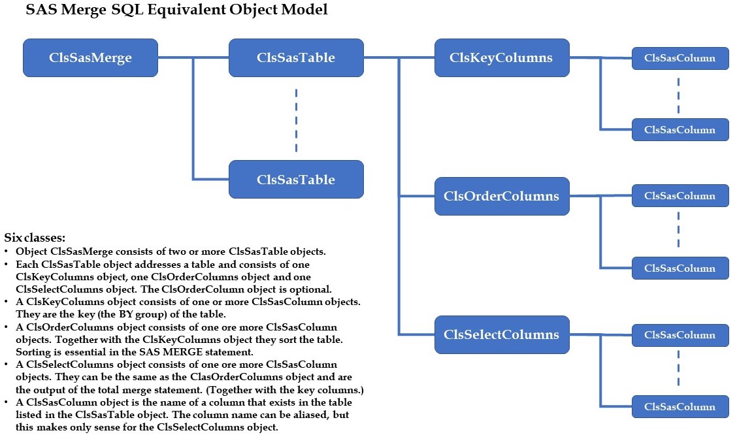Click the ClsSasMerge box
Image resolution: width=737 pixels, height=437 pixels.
point(90,57)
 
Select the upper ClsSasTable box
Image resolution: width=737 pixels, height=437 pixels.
point(295,57)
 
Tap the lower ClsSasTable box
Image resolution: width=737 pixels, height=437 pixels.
point(295,180)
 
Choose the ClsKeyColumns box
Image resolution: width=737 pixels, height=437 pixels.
point(501,57)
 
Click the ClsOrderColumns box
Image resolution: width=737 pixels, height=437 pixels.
point(501,196)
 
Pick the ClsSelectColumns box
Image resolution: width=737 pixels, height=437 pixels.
point(501,334)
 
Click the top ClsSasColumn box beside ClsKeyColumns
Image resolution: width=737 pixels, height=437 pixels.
point(680,57)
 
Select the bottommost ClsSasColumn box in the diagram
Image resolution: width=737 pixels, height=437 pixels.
point(680,407)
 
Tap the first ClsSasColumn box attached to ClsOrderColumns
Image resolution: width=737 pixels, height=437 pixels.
point(680,195)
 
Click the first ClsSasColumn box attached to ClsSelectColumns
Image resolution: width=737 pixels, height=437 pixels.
point(680,334)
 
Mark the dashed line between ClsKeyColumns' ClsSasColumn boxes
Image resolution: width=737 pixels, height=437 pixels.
point(678,94)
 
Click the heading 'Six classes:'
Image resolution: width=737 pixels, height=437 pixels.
point(35,238)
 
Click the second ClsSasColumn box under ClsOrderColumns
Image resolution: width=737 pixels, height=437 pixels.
point(680,268)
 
